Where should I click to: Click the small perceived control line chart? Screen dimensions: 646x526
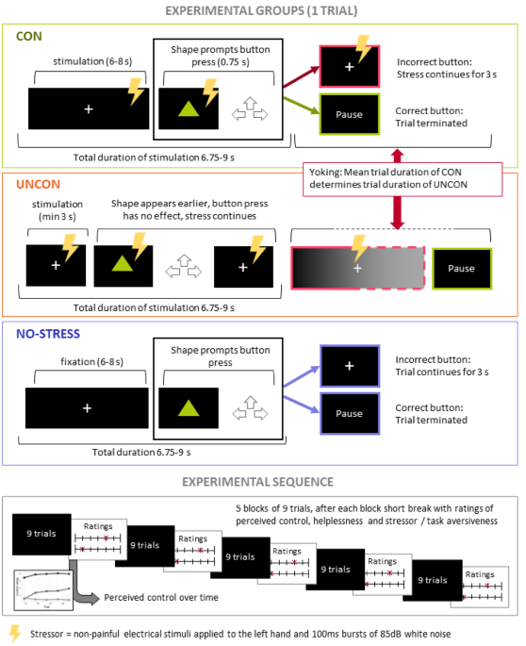(43, 588)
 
